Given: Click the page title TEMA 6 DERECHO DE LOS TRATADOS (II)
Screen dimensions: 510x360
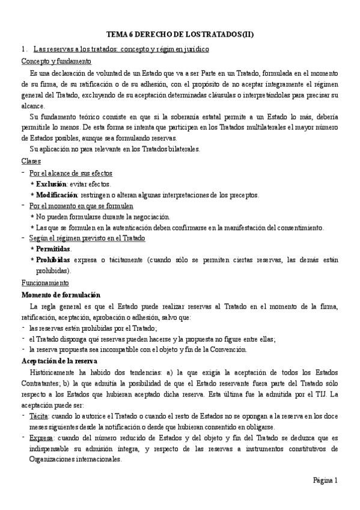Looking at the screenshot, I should coord(180,35).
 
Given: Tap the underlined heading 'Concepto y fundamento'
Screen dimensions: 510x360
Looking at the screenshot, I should coord(56,61).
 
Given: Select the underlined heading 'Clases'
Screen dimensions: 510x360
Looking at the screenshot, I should coord(31,161).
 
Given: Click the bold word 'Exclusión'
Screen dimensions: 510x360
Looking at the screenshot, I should coord(51,184).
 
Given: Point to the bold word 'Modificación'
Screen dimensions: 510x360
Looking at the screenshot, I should coord(56,195).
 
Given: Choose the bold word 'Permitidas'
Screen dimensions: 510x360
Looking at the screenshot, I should coord(53,249).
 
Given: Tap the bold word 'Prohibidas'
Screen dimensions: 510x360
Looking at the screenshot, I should coord(53,260).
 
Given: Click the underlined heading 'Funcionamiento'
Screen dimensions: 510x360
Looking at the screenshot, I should coord(45,283).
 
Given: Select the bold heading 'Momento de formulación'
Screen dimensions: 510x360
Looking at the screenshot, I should coord(61,294).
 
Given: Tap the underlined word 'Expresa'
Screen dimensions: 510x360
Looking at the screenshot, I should coord(41,438).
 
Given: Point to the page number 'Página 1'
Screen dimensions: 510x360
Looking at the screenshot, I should coord(325,480).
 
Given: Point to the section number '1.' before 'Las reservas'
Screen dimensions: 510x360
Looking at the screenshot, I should coord(24,50).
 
